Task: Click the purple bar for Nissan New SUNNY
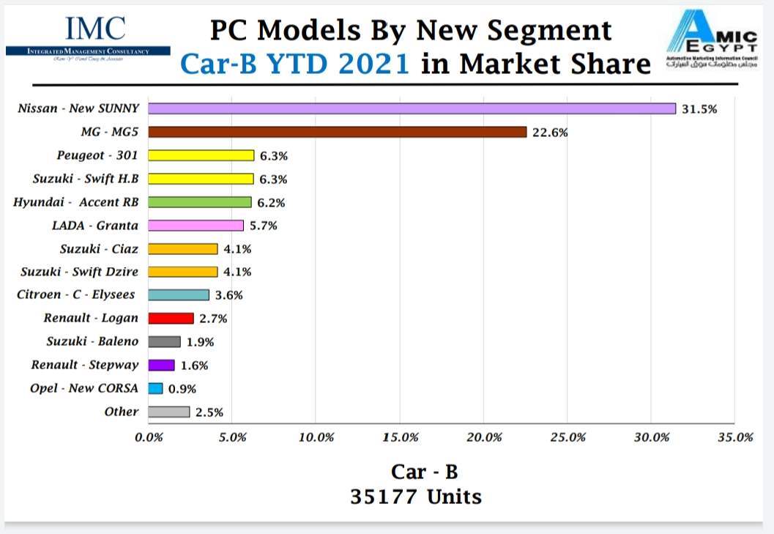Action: tap(412, 108)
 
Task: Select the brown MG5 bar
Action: tap(337, 132)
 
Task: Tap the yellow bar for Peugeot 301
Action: tap(201, 155)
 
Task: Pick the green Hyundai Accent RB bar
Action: tap(199, 202)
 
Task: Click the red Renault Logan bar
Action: tap(171, 319)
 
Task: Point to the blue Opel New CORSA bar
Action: tap(155, 389)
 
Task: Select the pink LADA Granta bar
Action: tap(196, 226)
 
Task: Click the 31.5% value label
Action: tap(699, 109)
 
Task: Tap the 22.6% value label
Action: tap(550, 133)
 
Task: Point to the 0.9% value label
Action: tap(182, 389)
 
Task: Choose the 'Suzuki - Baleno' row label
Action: tap(92, 341)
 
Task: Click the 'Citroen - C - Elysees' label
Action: tap(77, 295)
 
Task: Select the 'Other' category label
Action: tap(121, 412)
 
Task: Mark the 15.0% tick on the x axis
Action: tap(401, 437)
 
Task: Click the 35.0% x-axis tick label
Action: tap(735, 437)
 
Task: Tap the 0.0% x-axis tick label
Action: tap(149, 437)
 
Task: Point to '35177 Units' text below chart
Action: tap(416, 497)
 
